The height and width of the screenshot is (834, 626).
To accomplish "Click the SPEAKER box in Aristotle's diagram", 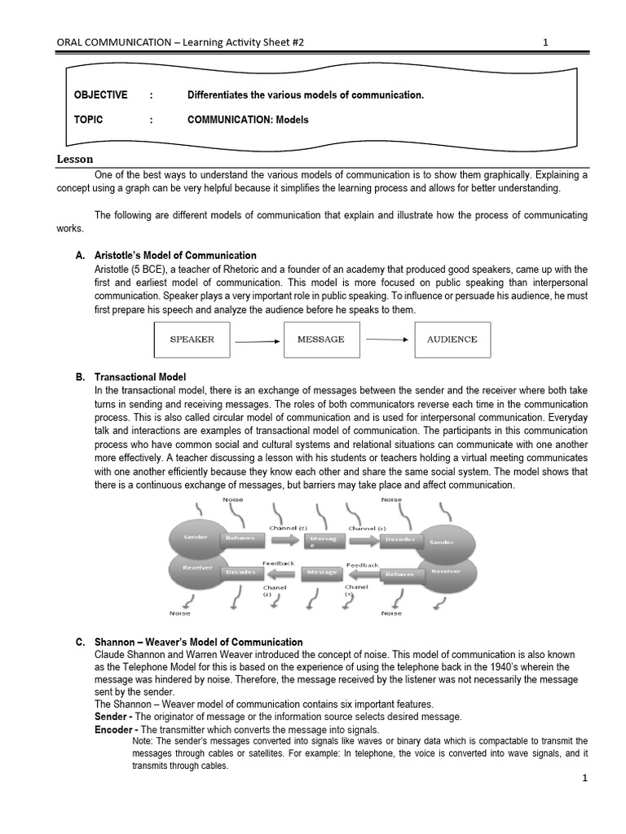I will click(192, 340).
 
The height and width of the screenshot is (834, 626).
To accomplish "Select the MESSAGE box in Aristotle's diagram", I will click(321, 340).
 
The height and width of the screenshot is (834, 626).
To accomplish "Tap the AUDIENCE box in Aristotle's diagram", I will click(452, 340).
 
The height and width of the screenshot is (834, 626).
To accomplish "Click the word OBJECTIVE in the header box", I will click(100, 95).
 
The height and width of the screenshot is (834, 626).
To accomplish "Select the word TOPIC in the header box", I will click(89, 120).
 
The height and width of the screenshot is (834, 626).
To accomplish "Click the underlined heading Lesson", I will click(74, 159).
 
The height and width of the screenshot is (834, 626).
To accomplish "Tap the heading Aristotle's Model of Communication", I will click(175, 255).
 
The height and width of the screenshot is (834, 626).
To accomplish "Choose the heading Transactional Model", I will click(140, 377).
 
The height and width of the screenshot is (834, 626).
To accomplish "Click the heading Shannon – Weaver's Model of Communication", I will click(198, 642).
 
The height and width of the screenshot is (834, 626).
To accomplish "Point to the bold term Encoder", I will click(115, 730).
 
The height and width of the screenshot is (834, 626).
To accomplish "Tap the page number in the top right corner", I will click(545, 42).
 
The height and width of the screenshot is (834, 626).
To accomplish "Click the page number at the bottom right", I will click(584, 779).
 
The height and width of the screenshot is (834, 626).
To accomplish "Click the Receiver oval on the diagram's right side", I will click(445, 572).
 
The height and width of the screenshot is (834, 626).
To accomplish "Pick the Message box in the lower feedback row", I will click(320, 573).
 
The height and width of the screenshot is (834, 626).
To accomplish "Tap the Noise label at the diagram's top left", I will click(221, 499).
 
